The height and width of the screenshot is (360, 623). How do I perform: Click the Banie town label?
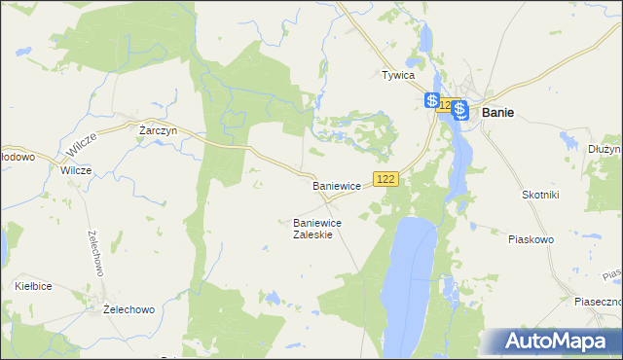click(x=497, y=112)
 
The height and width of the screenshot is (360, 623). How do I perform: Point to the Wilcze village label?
click(x=75, y=170)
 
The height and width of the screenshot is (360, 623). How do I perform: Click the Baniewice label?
click(x=337, y=185)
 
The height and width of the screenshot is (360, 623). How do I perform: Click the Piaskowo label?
click(x=531, y=238)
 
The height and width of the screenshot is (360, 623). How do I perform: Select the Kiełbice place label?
click(x=33, y=286)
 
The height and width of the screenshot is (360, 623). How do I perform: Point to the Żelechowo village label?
click(x=129, y=309)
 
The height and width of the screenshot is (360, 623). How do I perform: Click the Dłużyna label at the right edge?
click(x=605, y=149)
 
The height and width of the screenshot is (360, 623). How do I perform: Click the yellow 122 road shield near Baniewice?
click(x=386, y=179)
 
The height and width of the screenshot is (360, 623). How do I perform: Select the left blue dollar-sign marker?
click(x=431, y=100)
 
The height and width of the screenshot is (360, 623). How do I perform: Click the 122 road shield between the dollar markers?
click(x=445, y=105)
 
